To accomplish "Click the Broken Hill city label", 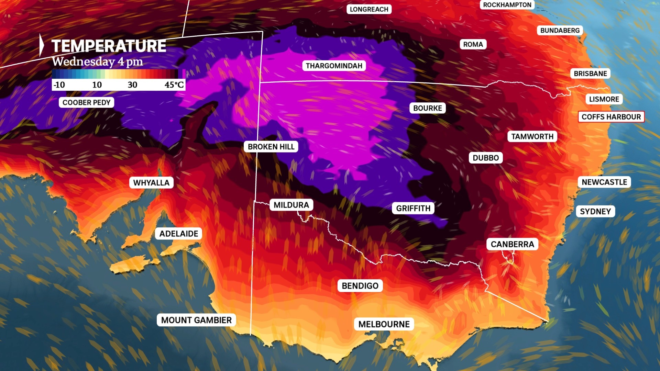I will [271, 147].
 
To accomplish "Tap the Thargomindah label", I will [334, 66].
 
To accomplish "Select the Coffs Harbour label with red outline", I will [611, 117].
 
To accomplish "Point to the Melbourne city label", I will [384, 324].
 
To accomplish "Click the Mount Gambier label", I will [196, 320].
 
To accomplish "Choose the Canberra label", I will [512, 244].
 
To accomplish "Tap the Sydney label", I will [595, 211].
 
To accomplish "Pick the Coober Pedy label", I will [86, 102].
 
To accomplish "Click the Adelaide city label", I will [179, 234].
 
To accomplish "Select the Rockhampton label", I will [507, 5].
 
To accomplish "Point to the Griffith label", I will [413, 208].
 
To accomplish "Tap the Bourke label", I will [427, 108].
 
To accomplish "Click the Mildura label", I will [291, 205].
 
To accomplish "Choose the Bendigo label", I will [360, 286].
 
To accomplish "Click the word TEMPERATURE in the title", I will [109, 46].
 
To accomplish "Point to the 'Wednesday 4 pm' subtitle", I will [97, 62].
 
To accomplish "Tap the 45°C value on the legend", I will [174, 85].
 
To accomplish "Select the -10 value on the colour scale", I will [59, 85].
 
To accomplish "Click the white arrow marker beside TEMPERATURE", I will [42, 45].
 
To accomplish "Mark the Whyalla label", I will [151, 183].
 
